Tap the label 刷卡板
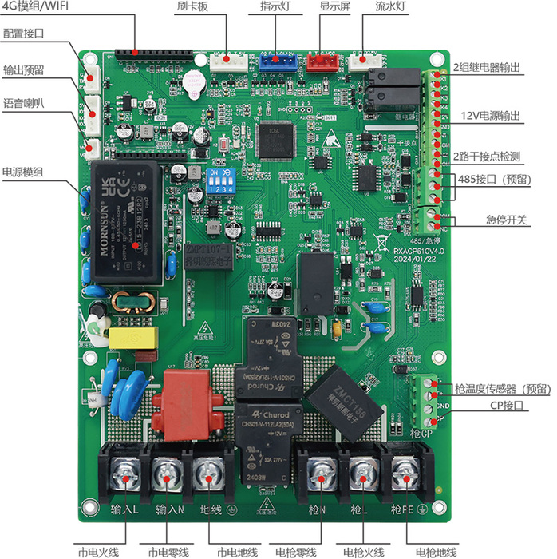pos(192,7)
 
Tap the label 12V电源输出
pos(492,116)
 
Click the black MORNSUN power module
pos(128,220)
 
